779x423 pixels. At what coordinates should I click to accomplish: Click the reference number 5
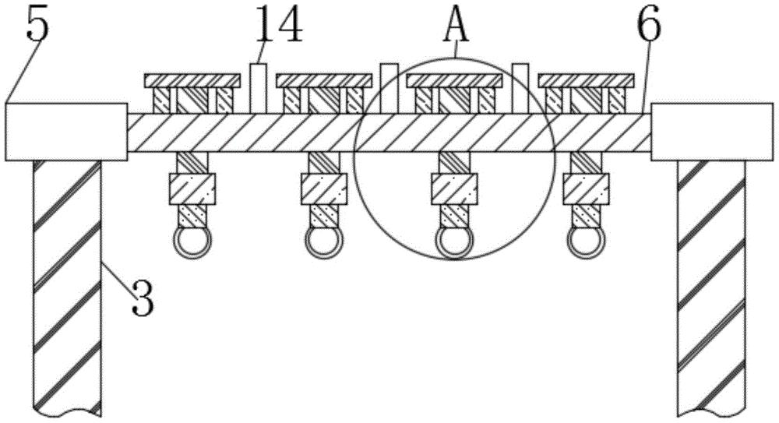coord(37,26)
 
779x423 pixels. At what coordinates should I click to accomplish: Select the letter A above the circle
coord(456,25)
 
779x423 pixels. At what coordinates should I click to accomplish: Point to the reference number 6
coord(648,27)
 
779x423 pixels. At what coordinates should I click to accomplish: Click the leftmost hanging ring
coord(191,243)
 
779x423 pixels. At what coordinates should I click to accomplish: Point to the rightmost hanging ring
coord(586,243)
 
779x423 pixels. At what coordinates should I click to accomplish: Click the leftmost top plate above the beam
coord(192,80)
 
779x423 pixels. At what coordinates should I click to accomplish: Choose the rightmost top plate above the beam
coord(587,80)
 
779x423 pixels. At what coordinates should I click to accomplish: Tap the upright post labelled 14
coord(259,88)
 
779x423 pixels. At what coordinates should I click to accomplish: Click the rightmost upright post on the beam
coord(521,88)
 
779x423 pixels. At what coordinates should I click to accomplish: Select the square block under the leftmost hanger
coord(191,189)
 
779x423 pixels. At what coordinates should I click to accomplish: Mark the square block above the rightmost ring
coord(586,189)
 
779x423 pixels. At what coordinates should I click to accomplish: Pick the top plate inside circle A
coord(455,80)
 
